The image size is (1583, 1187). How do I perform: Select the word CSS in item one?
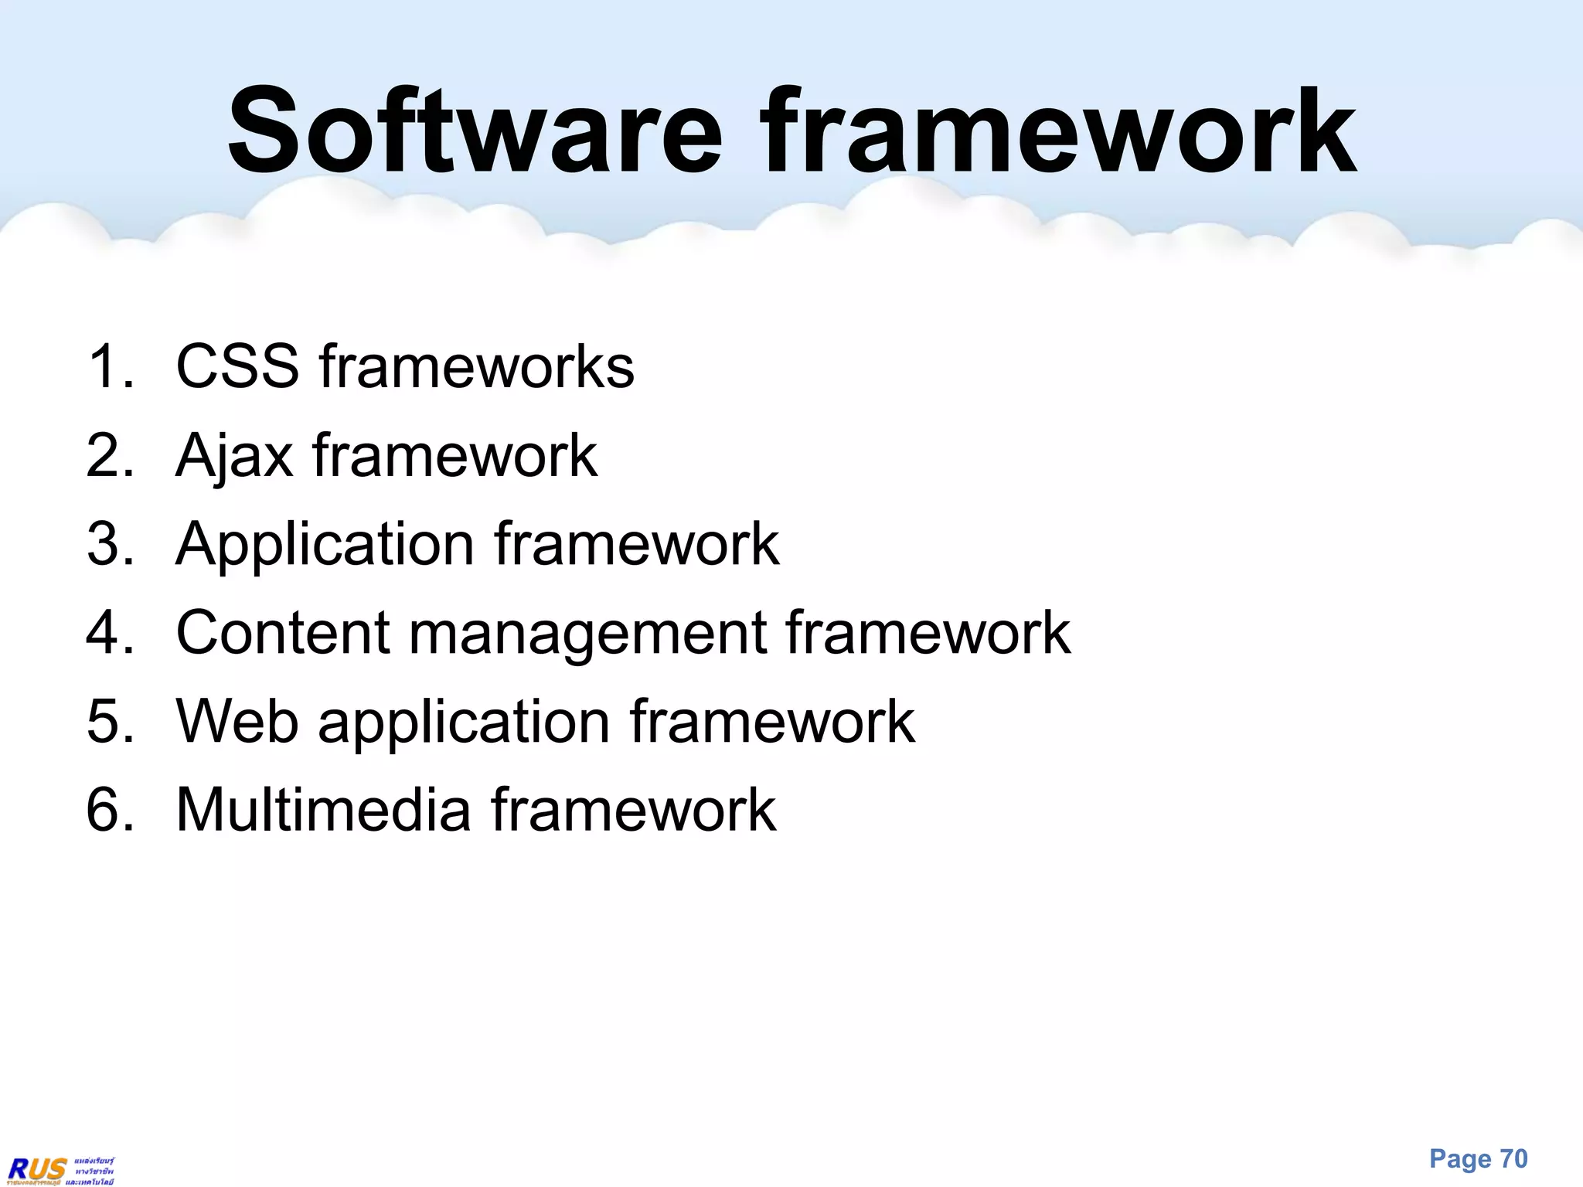237,366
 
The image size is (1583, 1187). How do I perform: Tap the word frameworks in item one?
476,366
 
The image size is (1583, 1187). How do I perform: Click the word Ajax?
234,456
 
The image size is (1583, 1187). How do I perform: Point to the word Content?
283,633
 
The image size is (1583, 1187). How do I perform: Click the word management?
587,633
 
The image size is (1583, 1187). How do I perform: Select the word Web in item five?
237,722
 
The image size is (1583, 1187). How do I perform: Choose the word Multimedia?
323,810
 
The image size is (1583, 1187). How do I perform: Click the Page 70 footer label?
1478,1159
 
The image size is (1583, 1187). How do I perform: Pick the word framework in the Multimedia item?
633,810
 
